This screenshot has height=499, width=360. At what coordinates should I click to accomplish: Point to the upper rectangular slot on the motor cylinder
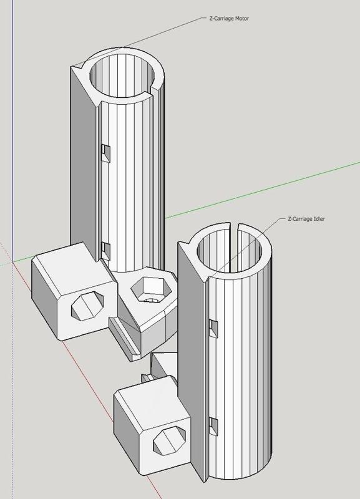105,150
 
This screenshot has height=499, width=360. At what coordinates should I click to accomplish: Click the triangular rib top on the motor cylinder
80,73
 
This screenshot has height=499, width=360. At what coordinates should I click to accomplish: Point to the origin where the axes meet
12,262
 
